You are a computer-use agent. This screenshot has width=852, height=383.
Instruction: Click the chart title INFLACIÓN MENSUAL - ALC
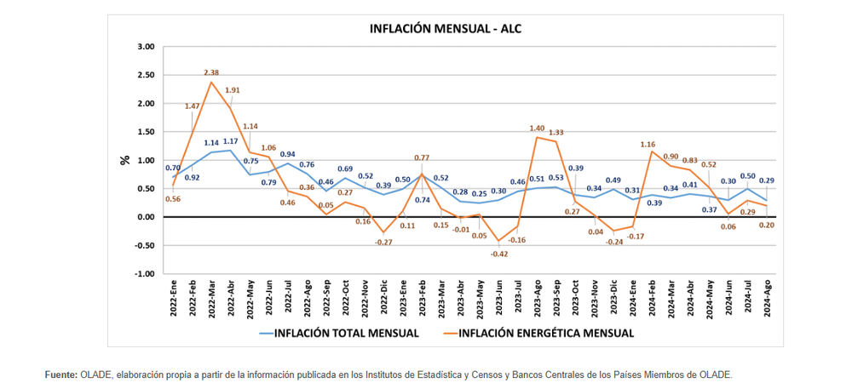point(445,28)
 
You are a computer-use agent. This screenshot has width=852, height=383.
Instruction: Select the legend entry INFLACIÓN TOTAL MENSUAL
point(346,333)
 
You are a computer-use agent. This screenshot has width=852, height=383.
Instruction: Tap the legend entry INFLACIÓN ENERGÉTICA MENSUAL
point(546,333)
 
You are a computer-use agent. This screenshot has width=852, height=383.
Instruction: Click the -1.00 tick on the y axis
point(143,274)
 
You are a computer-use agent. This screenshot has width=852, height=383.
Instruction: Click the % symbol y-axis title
point(124,160)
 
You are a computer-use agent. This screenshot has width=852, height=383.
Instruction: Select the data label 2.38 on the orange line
point(211,72)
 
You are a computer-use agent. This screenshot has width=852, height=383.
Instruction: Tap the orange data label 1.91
point(232,89)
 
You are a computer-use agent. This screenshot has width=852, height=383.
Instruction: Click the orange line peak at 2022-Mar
point(211,82)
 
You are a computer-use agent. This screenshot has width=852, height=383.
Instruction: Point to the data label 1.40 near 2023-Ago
point(538,128)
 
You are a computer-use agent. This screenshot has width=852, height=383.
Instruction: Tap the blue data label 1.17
point(231,141)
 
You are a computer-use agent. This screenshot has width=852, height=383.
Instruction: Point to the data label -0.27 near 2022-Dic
point(383,243)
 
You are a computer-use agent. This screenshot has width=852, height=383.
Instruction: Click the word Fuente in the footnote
point(60,374)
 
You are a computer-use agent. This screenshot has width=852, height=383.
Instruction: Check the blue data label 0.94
point(289,154)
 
